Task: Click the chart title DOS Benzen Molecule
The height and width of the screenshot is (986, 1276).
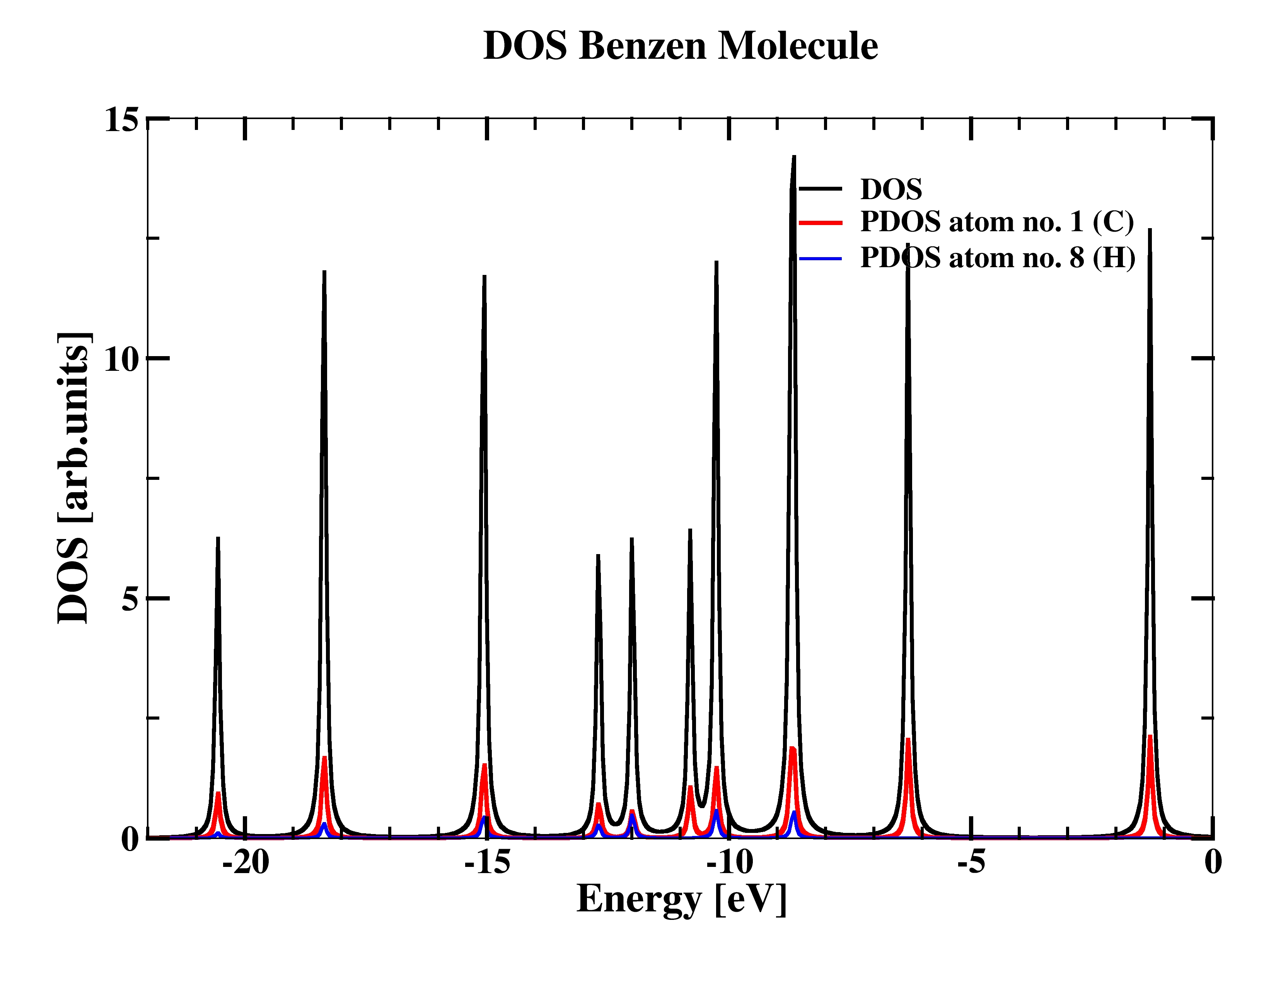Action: point(681,46)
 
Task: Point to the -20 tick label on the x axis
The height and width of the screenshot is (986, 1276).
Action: point(246,863)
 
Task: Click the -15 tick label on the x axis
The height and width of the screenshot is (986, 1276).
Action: point(487,863)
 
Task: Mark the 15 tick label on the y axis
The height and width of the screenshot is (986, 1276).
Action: point(121,120)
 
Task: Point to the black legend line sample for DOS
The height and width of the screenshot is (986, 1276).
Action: point(820,188)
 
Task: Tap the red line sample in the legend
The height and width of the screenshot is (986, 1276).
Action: point(820,223)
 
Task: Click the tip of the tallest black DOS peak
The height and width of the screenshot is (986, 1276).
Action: point(794,157)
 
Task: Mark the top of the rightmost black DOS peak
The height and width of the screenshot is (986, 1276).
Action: point(1150,230)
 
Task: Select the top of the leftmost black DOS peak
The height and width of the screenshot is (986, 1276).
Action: point(218,538)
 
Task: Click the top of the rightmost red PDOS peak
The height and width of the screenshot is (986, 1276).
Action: point(1150,736)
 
